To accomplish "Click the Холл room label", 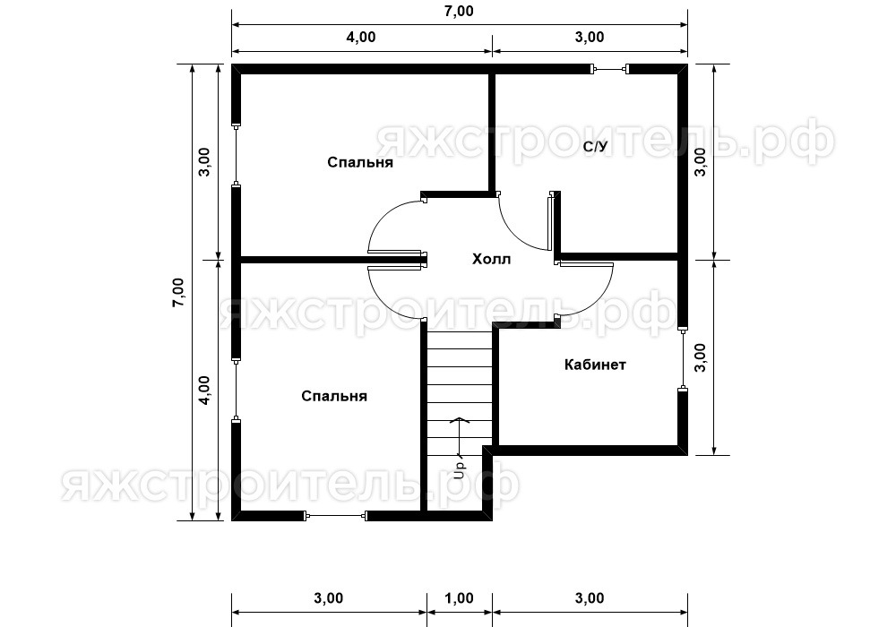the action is pos(491,259).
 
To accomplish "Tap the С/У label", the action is pos(595,147).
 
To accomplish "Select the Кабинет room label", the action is pos(595,365).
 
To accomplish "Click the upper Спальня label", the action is pos(360,162).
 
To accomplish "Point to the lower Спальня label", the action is pos(334,396).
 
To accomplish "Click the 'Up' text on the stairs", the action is pos(459,466).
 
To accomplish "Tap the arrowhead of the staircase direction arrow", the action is pos(458,420).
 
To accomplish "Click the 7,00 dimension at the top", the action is pos(459,12).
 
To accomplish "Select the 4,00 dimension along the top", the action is pos(361,37).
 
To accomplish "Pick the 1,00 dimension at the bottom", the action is pos(459,598).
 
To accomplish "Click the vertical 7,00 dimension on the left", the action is pos(178,292).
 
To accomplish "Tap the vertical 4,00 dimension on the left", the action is pos(204,391).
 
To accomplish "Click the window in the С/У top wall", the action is pos(609,70).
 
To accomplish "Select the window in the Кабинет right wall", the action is pos(682,358).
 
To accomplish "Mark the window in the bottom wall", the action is pos(334,516).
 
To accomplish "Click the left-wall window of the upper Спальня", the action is pos(236,154).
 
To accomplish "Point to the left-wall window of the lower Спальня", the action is pos(236,391).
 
